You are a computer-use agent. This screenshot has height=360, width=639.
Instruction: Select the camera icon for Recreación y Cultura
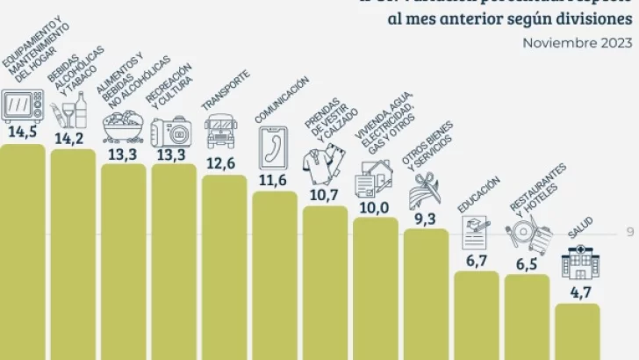pyautogui.click(x=172, y=132)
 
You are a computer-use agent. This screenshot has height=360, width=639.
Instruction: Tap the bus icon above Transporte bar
pyautogui.click(x=222, y=133)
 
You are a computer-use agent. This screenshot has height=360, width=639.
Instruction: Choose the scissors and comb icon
pyautogui.click(x=425, y=186)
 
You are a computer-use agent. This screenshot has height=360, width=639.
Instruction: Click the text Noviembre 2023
pyautogui.click(x=578, y=41)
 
